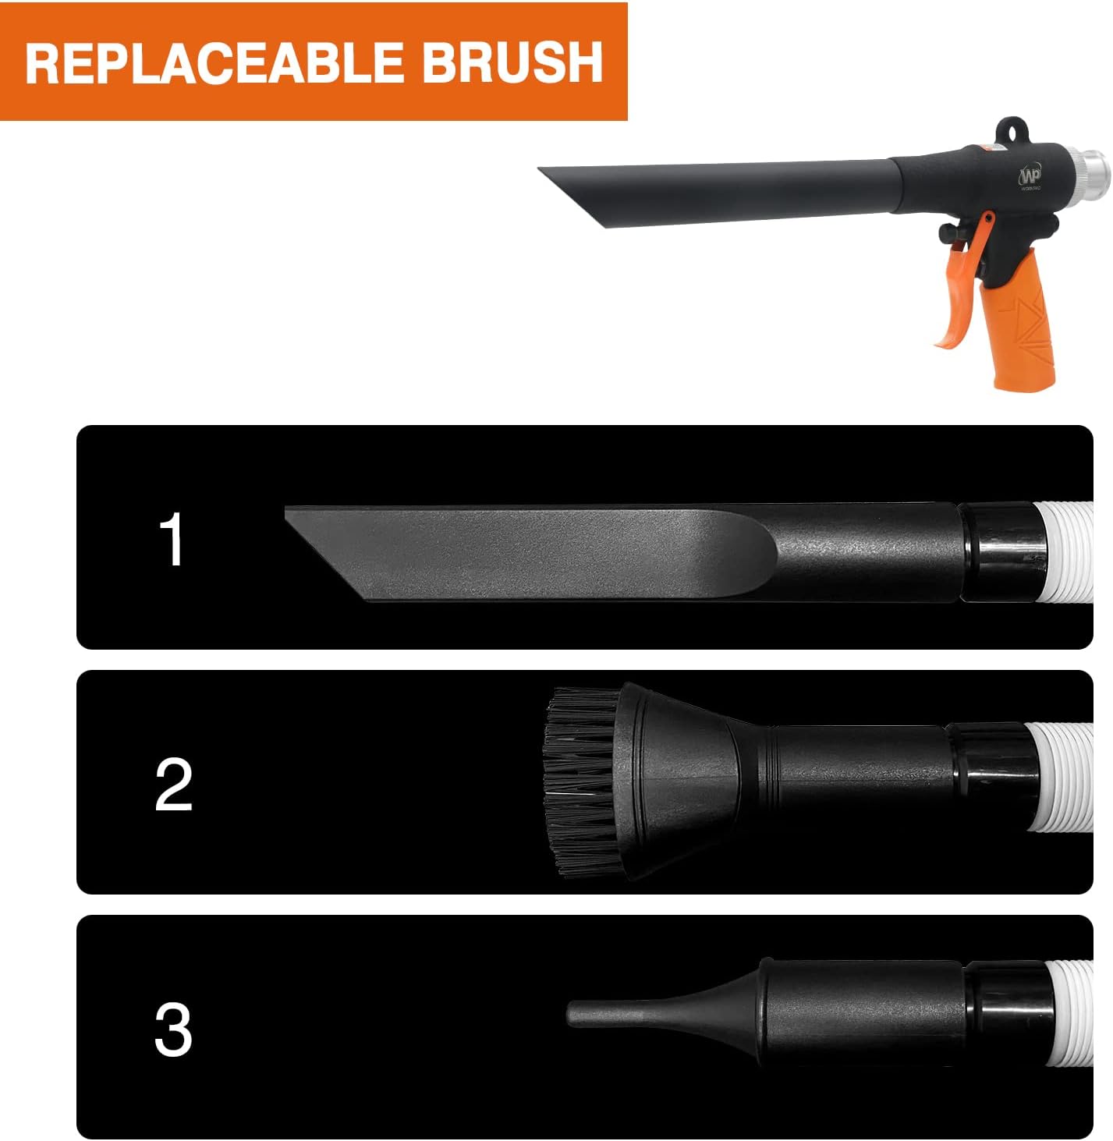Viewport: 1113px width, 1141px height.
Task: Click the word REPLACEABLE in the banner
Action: point(212,62)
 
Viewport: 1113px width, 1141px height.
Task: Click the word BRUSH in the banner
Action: point(512,62)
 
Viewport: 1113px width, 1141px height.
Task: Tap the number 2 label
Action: point(173,784)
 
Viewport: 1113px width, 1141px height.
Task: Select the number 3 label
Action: point(173,1029)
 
